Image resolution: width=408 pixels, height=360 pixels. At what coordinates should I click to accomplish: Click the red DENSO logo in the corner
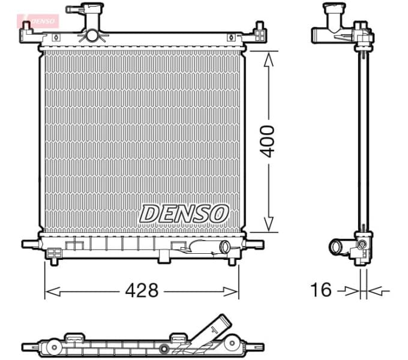39,21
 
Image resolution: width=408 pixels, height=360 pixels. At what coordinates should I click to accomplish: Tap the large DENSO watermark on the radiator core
185,212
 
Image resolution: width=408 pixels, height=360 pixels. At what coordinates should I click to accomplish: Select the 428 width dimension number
142,290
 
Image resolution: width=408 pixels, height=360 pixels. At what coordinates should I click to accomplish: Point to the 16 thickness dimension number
322,290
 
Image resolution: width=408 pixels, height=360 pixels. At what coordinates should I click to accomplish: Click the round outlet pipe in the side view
336,246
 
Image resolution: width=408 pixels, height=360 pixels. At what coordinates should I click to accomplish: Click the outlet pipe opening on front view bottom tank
224,246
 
